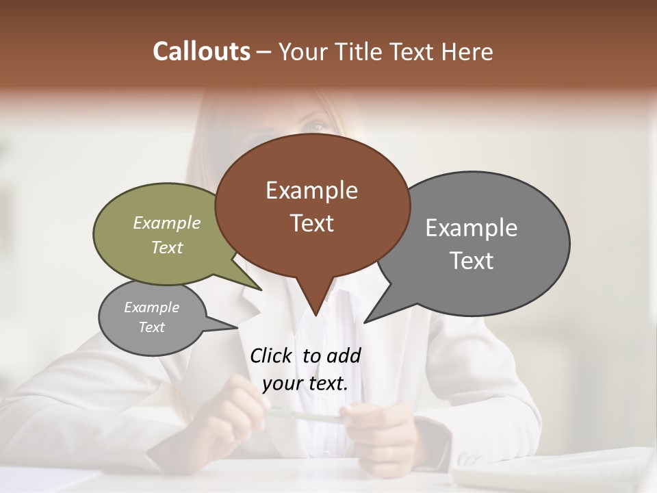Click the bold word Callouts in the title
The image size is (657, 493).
[x=201, y=51]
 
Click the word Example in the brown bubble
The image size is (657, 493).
[x=311, y=190]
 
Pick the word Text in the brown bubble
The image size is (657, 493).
[x=311, y=223]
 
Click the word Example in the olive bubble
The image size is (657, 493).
[x=167, y=223]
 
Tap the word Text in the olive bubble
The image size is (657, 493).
[x=167, y=248]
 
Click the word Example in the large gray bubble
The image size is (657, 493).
[x=472, y=228]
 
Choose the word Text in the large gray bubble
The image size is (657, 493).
[x=472, y=261]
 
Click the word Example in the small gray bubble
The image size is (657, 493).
[x=151, y=307]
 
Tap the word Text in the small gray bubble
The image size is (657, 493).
[x=151, y=327]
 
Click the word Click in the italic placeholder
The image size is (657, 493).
[x=272, y=356]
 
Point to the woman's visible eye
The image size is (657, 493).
[x=315, y=127]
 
